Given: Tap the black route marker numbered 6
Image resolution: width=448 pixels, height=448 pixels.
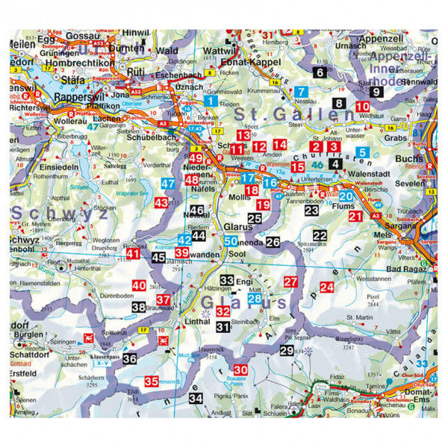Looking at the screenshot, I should [x=320, y=72].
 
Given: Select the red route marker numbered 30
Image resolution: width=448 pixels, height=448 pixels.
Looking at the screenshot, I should [x=240, y=370].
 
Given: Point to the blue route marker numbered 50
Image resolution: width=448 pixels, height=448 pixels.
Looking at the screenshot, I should [x=231, y=241].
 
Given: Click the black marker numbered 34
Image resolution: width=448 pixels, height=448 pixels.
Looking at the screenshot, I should [x=196, y=398].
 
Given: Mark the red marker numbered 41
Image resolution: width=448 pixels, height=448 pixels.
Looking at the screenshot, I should [x=133, y=254].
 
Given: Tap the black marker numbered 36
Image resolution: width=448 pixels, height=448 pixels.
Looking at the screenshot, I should [x=130, y=359].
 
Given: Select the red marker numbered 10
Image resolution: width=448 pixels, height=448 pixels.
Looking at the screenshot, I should [x=362, y=106].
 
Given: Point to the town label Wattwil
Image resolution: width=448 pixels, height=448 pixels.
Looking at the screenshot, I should [x=219, y=52].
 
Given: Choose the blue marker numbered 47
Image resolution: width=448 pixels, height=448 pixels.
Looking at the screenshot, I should [x=168, y=184].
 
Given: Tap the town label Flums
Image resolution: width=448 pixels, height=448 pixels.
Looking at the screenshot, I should [x=355, y=200].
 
